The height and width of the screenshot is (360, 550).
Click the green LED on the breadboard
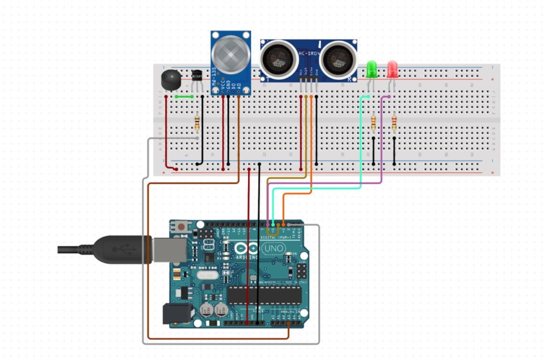click(371, 69)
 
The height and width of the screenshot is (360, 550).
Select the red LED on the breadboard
click(393, 69)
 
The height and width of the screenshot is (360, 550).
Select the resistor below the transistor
click(197, 123)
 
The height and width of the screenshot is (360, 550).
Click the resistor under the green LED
click(373, 123)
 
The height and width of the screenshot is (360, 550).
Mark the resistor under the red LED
click(394, 123)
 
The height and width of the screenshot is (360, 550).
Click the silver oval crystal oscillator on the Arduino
click(206, 275)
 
